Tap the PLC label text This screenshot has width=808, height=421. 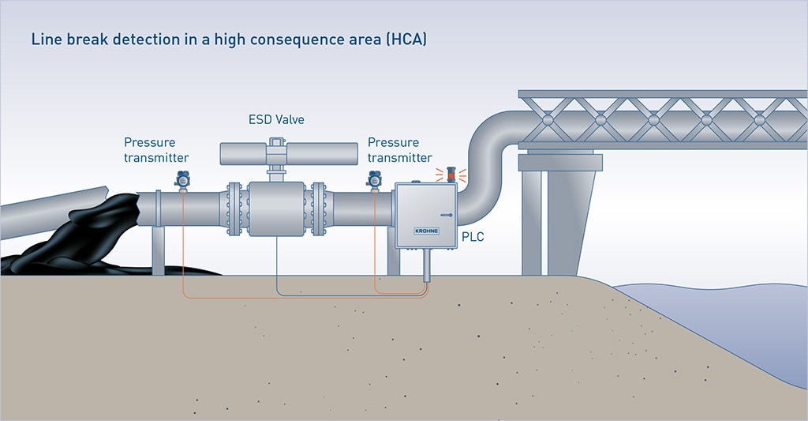pos(473,236)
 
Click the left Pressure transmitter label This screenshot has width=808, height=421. pos(156,150)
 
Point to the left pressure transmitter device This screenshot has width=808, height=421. pos(183,181)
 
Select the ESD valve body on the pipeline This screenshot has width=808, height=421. pos(276,209)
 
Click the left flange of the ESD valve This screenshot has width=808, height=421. pos(234,209)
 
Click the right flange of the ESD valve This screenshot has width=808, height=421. pos(319,209)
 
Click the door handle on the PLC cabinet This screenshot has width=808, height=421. pos(447,214)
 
